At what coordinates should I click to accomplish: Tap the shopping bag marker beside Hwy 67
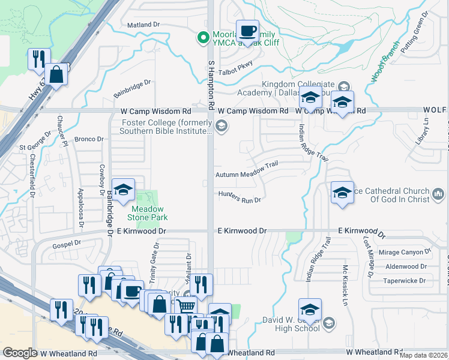tap(56, 75)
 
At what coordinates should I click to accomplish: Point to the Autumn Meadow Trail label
tap(247, 174)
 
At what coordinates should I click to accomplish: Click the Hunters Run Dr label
tap(240, 200)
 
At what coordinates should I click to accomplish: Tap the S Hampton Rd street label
tap(211, 84)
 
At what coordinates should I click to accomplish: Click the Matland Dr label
tap(144, 25)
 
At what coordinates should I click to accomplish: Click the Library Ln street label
tap(427, 130)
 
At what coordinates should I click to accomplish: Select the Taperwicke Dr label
tap(406, 280)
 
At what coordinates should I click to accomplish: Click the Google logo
tap(20, 353)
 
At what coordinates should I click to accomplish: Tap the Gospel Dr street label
tap(66, 244)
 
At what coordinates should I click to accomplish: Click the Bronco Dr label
tap(89, 139)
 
